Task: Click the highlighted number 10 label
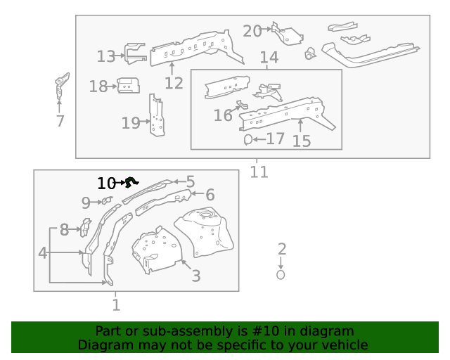pos(105,184)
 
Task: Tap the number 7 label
pos(60,121)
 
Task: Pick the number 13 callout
pos(105,56)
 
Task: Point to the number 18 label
pos(98,86)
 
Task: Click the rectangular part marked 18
pos(127,86)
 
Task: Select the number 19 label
pos(130,123)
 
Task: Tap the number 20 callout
pos(252,31)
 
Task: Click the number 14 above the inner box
pos(269,57)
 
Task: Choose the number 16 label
pos(223,115)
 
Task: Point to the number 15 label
pos(301,141)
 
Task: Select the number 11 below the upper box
pos(259,171)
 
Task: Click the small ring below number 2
pos(281,275)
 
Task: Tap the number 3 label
pos(195,276)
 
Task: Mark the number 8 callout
pos(63,229)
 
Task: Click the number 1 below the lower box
pos(116,304)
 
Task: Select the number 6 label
pos(210,195)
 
